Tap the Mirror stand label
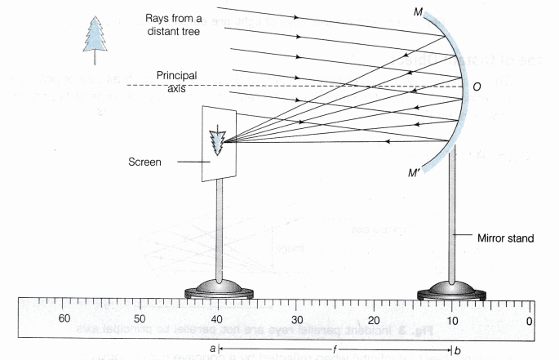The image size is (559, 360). pos(506,238)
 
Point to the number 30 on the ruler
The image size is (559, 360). pos(295,319)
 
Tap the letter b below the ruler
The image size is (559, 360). pos(457,349)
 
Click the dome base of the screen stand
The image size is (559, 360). pos(217,287)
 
